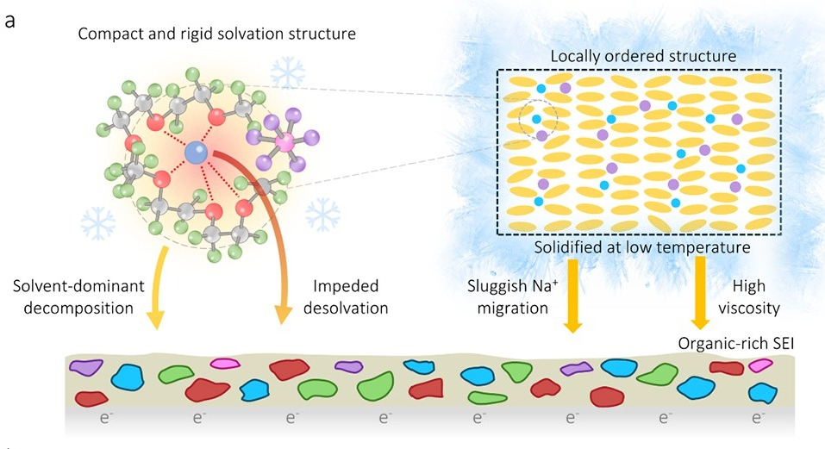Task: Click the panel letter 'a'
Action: pyautogui.click(x=9, y=22)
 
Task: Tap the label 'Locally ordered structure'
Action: pyautogui.click(x=643, y=56)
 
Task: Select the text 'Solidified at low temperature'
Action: pyautogui.click(x=642, y=247)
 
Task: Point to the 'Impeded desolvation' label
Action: pyautogui.click(x=346, y=297)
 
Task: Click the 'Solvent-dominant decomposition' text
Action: pyautogui.click(x=78, y=297)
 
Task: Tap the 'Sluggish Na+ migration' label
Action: pyautogui.click(x=512, y=297)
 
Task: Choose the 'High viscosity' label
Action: pyautogui.click(x=749, y=297)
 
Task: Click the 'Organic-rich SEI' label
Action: pyautogui.click(x=735, y=343)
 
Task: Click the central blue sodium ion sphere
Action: pyautogui.click(x=196, y=153)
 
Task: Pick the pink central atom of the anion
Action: pyautogui.click(x=285, y=142)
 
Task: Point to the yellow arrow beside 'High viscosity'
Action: pyautogui.click(x=700, y=293)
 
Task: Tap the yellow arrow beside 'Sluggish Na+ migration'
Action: pyautogui.click(x=572, y=295)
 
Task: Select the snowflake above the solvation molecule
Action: pyautogui.click(x=287, y=72)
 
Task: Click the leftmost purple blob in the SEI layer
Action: pyautogui.click(x=86, y=367)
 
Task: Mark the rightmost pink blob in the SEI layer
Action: pyautogui.click(x=760, y=365)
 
